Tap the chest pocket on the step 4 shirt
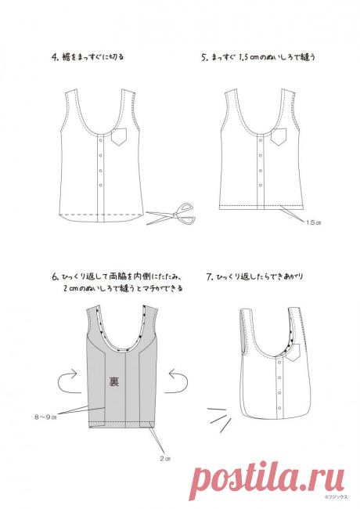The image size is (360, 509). [119, 138]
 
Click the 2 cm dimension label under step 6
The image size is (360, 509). [164, 458]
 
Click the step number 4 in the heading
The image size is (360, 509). [54, 57]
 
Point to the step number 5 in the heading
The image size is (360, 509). [203, 57]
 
